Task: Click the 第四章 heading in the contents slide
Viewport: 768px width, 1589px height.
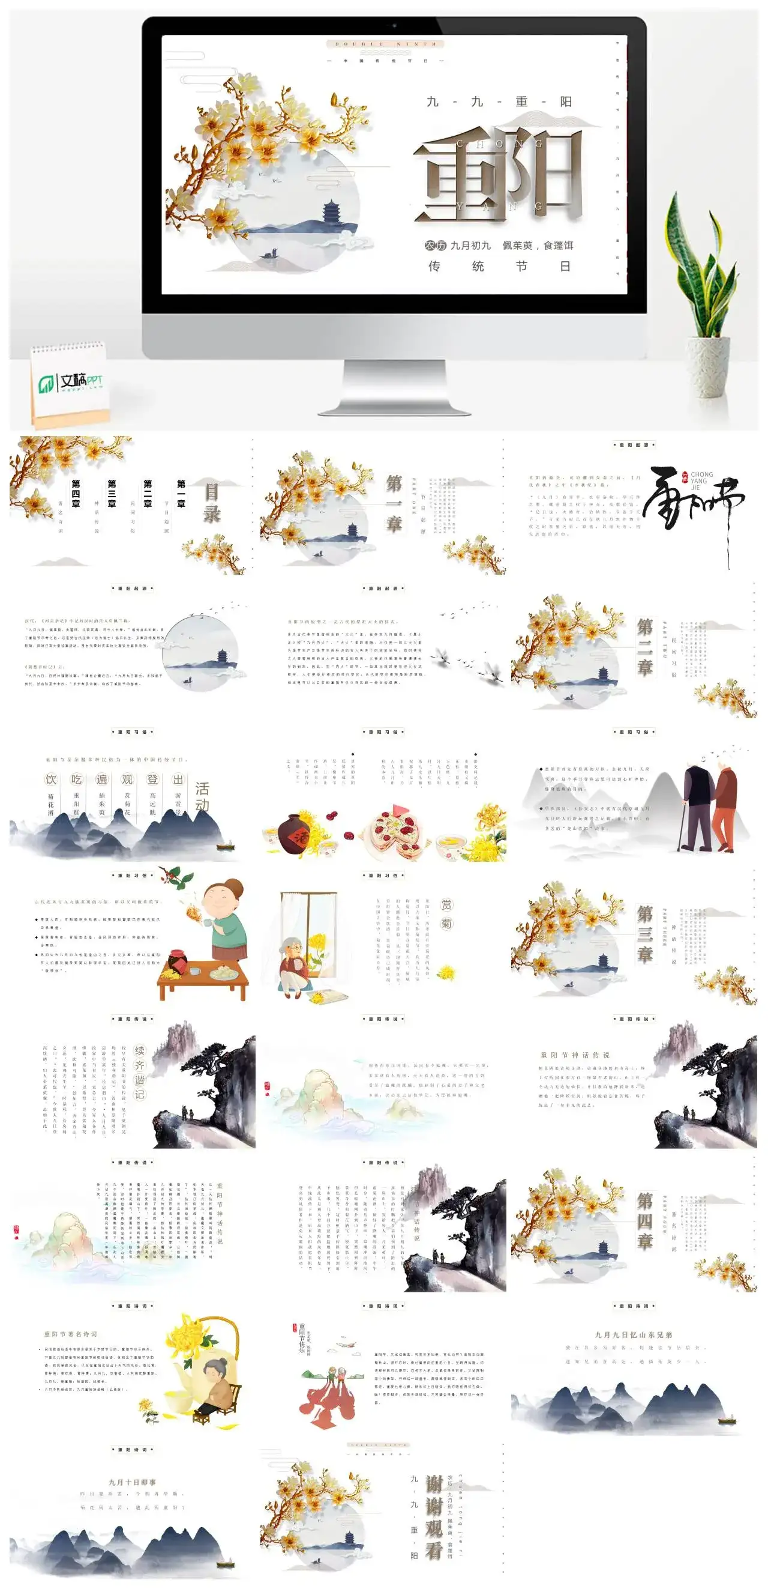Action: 76,494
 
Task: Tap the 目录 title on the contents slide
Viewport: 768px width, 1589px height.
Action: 211,503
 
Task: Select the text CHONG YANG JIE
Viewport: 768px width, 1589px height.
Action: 701,480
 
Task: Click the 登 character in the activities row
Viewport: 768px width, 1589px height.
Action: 152,779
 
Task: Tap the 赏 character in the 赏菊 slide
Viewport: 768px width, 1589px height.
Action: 446,904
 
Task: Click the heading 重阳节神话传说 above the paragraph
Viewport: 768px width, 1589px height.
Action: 574,1055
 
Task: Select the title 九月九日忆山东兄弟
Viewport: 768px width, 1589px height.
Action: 633,1334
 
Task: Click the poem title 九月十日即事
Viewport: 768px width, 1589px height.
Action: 133,1482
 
